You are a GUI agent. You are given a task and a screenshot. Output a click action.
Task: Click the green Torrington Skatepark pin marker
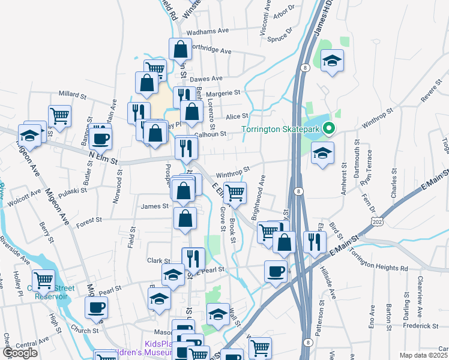tap(329, 128)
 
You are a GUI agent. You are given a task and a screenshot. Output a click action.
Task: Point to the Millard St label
tap(73, 94)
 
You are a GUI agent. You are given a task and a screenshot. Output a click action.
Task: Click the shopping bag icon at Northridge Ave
tap(180, 49)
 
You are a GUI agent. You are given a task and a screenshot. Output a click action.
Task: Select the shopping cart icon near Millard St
tap(59, 116)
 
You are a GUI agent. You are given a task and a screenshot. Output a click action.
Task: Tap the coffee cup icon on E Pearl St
tap(276, 271)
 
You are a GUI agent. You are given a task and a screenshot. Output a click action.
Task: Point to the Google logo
tap(20, 353)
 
